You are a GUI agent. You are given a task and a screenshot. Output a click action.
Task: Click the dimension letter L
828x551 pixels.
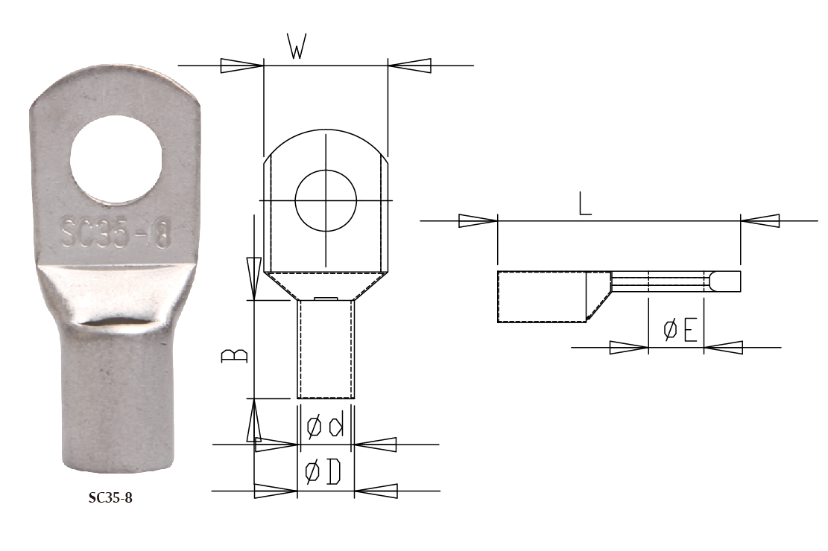click(586, 204)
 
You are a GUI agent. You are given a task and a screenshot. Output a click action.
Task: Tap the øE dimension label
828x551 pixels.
click(680, 329)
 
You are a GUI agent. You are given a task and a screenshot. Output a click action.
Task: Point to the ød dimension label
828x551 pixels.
click(326, 427)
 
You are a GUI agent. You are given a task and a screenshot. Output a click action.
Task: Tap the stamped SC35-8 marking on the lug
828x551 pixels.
click(113, 233)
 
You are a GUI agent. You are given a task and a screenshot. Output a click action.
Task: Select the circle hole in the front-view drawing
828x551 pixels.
click(326, 200)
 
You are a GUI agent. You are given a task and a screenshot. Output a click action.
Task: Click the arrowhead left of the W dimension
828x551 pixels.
click(241, 66)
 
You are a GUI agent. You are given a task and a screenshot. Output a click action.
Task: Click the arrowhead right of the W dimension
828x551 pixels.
click(410, 66)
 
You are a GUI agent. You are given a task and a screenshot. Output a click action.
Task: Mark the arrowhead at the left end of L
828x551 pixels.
click(478, 221)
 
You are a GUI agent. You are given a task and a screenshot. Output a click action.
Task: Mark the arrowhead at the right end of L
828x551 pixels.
click(760, 221)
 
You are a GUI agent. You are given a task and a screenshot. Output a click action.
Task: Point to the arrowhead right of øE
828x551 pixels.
click(724, 347)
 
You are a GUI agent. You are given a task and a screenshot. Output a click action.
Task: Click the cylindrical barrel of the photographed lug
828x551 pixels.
click(119, 402)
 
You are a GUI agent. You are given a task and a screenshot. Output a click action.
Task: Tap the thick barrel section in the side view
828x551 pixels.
click(543, 297)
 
